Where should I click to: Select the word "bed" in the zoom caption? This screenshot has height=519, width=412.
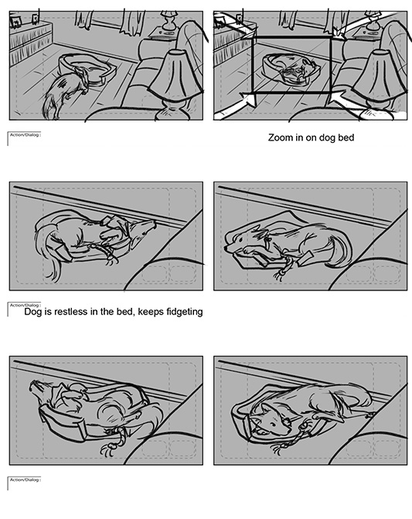tap(346, 137)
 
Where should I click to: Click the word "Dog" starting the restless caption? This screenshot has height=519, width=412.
tap(32, 312)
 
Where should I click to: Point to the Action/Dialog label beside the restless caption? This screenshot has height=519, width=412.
tap(25, 305)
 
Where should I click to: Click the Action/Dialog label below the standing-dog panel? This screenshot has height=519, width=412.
tap(25, 134)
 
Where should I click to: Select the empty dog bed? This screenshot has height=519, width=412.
tap(88, 69)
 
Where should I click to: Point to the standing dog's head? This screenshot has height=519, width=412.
tap(81, 76)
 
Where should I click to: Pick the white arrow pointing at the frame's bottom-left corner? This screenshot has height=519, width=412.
tap(247, 98)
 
